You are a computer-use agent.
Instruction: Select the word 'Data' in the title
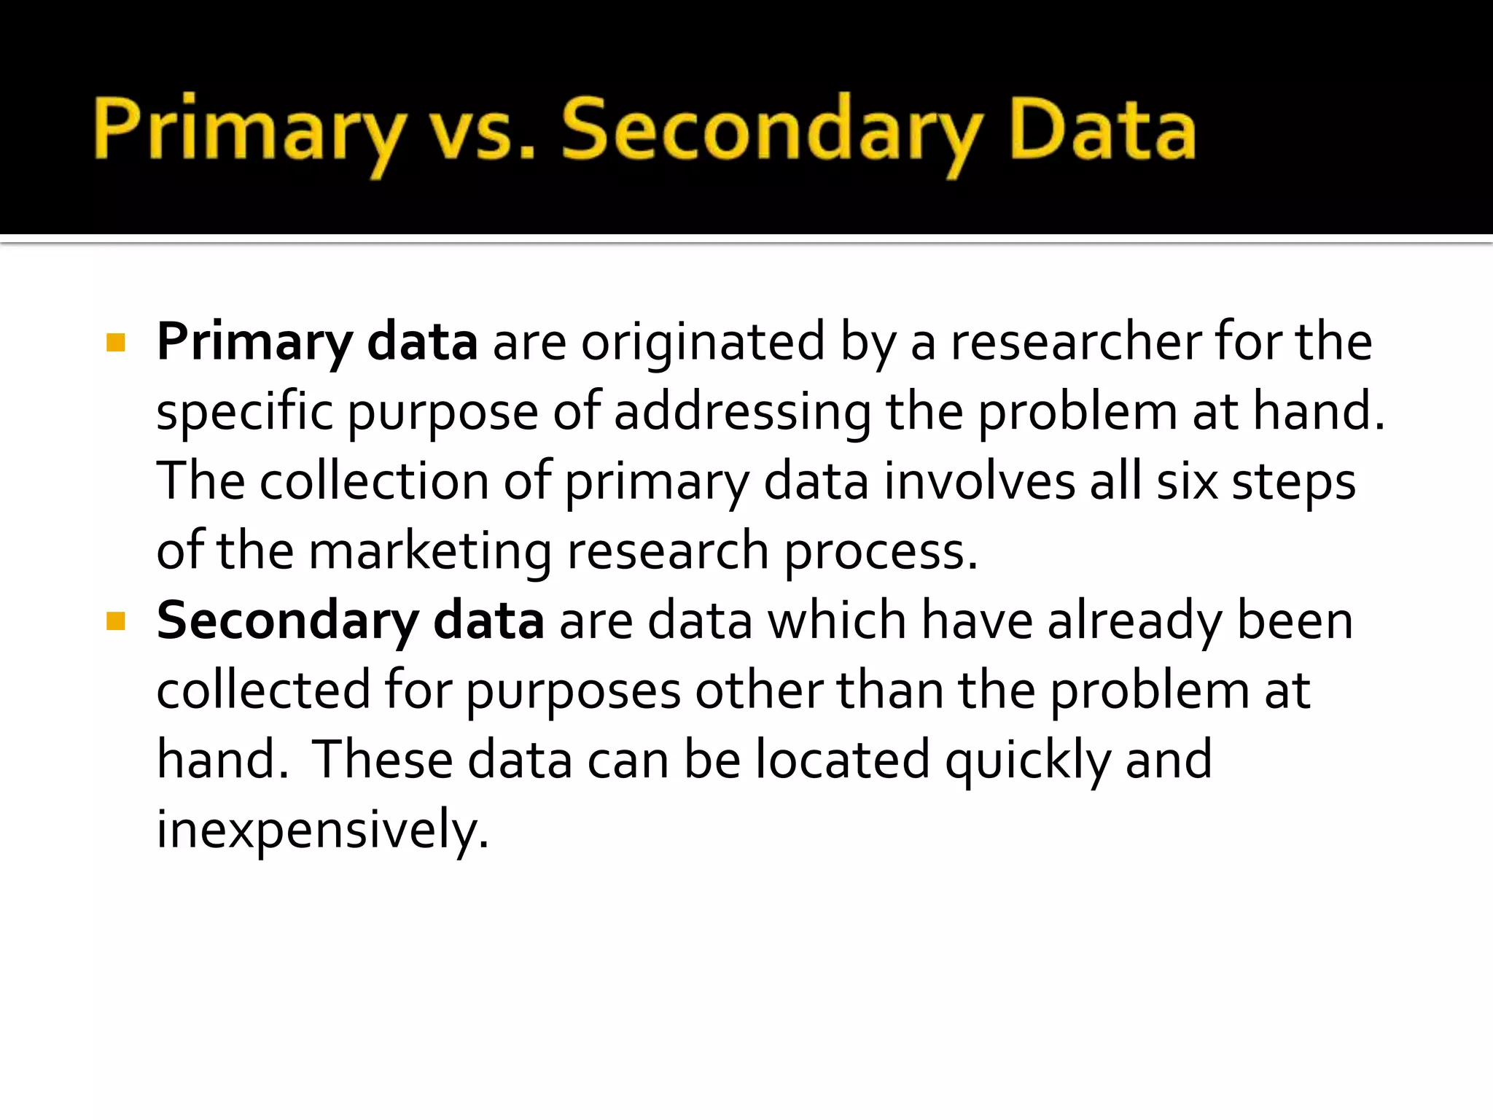coord(1102,131)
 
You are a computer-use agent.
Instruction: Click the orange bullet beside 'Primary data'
coord(116,343)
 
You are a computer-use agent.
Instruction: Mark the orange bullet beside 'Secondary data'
coord(116,621)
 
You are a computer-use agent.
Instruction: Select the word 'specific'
coord(244,411)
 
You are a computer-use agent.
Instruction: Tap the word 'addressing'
coord(742,411)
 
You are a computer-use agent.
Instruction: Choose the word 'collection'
coord(374,481)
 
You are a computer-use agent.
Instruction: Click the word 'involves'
coord(979,481)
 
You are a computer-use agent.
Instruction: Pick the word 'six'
coord(1187,481)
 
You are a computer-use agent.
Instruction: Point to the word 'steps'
coord(1294,481)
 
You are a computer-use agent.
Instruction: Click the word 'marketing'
coord(430,551)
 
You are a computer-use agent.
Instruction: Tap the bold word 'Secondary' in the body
coord(287,621)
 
